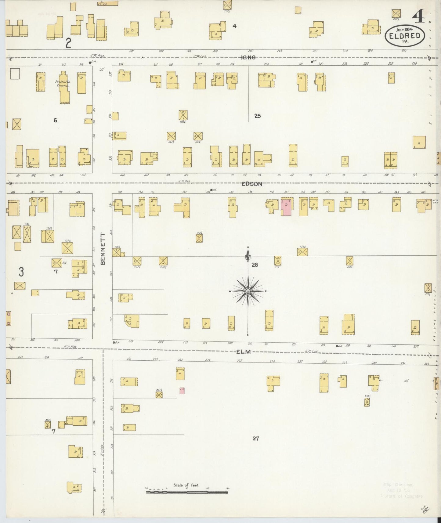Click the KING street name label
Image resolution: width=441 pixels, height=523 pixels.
[248, 57]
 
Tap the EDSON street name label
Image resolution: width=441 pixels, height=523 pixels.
[252, 184]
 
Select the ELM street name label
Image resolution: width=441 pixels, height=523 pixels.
[243, 352]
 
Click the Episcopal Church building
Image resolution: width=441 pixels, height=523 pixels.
[64, 87]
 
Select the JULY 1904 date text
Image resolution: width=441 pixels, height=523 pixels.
[404, 30]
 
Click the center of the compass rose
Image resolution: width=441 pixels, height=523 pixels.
[248, 291]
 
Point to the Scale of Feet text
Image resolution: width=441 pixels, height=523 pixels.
[186, 485]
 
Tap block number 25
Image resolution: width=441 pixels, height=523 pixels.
[257, 116]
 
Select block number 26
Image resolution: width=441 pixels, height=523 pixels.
[255, 265]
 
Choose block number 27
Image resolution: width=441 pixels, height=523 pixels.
[256, 438]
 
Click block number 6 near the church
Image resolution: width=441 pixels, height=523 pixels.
[55, 120]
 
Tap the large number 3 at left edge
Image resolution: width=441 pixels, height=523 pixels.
[21, 272]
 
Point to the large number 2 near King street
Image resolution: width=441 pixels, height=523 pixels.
[68, 43]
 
